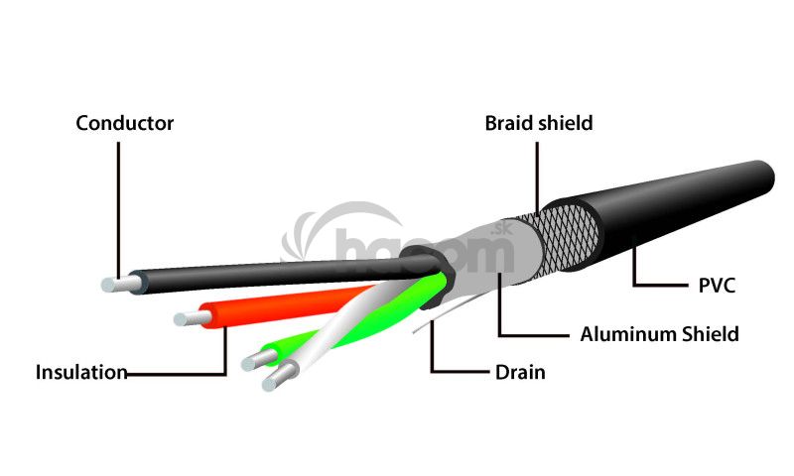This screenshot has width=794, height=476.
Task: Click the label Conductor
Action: coord(125,124)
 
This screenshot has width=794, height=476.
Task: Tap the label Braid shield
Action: coord(538,124)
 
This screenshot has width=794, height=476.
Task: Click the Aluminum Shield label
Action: coord(659,334)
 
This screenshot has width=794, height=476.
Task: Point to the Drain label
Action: coord(520,373)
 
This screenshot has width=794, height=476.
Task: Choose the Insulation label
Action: coord(81,373)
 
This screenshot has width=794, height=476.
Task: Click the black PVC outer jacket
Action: coord(685,208)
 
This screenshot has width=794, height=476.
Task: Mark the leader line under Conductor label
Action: coord(118,208)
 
